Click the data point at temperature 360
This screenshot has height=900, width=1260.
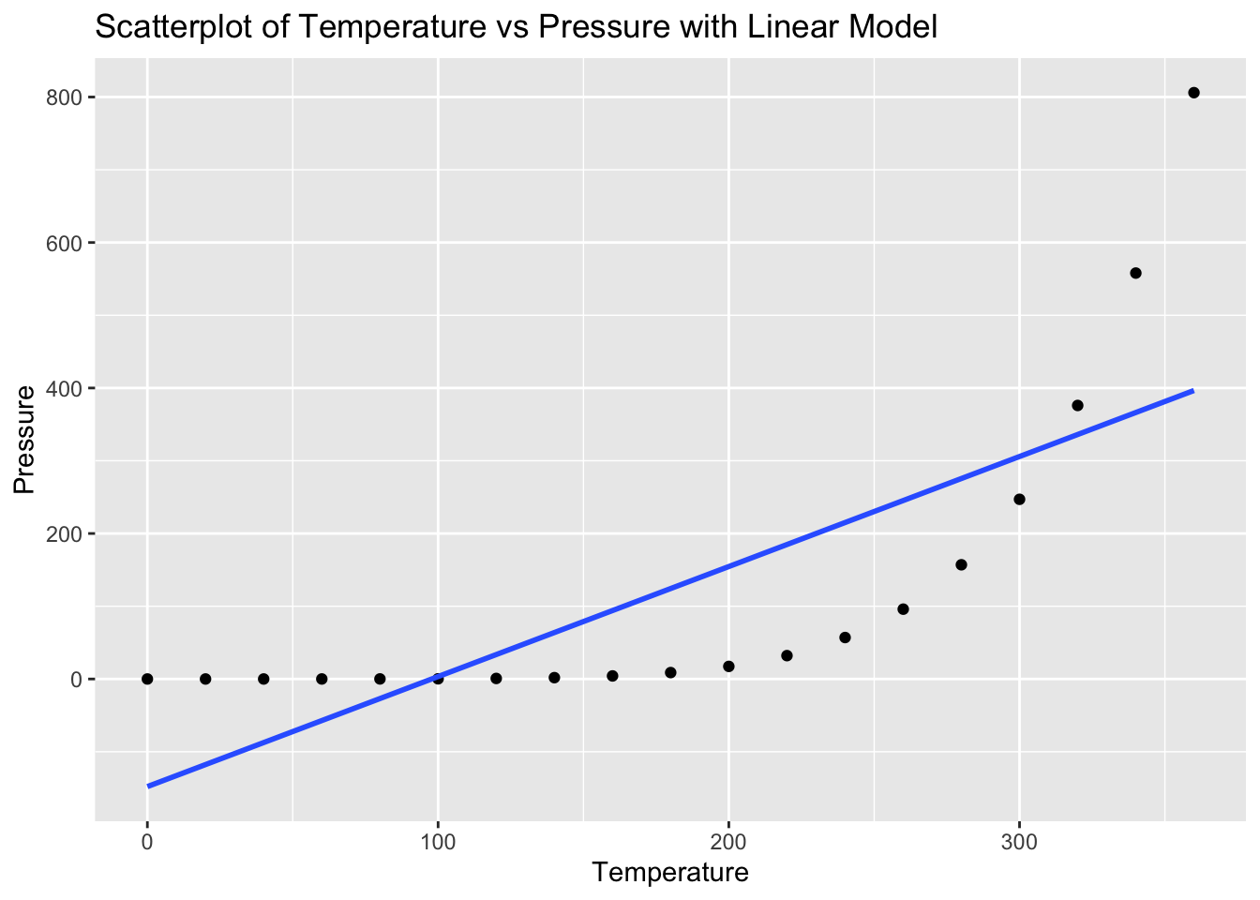tap(1193, 92)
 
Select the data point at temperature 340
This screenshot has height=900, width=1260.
tap(1135, 273)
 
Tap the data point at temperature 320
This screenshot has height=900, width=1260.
tap(1077, 405)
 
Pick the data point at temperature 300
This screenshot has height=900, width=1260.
tap(1019, 499)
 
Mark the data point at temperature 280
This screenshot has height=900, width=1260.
tap(961, 564)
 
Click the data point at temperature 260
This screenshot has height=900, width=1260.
tap(903, 608)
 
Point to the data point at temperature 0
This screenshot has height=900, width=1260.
tap(147, 679)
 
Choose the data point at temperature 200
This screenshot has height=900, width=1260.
tap(728, 666)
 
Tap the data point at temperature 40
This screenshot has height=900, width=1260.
tap(263, 679)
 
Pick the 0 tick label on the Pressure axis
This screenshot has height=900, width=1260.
tap(79, 679)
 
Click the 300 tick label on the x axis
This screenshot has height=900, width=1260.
tap(1019, 841)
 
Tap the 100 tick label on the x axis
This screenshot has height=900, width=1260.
tap(438, 841)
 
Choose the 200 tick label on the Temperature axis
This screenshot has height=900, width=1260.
tap(728, 841)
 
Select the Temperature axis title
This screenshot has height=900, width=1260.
tap(670, 873)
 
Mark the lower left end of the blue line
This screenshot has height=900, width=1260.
tap(148, 786)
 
